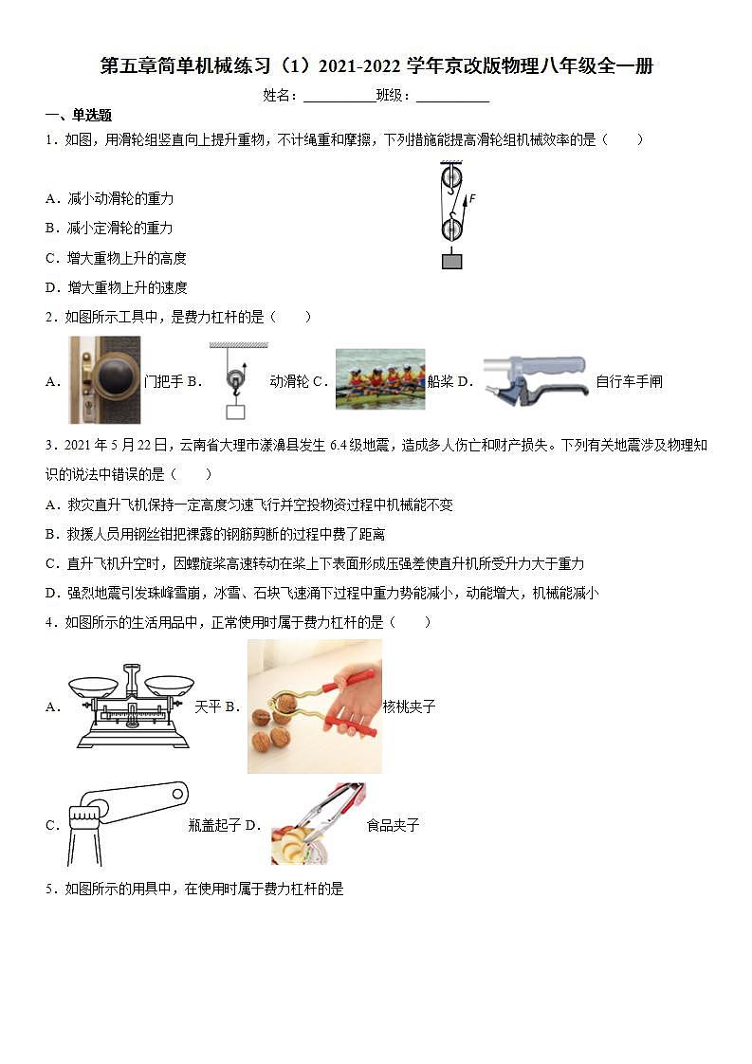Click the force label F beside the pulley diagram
point(471,198)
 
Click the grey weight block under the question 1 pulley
point(451,261)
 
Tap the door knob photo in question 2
point(104,379)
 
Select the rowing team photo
point(379,379)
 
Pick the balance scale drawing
point(128,706)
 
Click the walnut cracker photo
point(314,706)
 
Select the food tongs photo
point(317,823)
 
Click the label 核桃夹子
point(409,706)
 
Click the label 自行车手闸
point(629,382)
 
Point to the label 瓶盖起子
point(214,825)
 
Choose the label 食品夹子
point(393,825)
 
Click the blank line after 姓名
point(339,96)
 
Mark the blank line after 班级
point(452,96)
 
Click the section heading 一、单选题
point(79,116)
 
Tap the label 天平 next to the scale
point(208,706)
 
